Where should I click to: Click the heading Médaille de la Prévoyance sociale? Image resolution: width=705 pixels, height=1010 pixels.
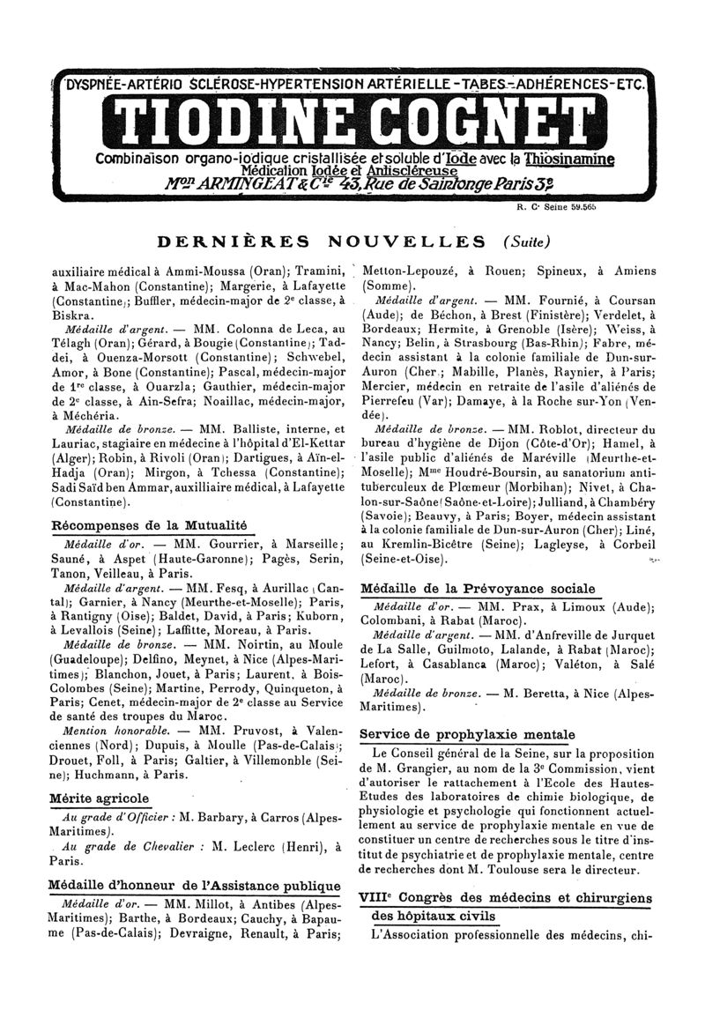(x=479, y=588)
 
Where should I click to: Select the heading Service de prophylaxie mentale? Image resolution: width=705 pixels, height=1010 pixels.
(x=468, y=734)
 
